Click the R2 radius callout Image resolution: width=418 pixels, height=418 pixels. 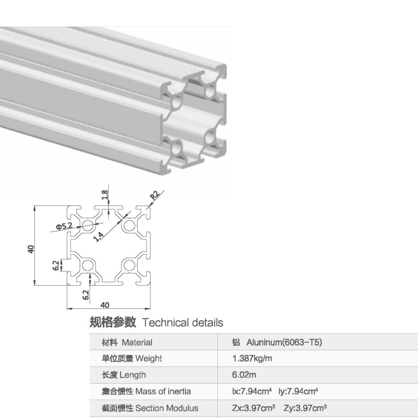[x=154, y=194]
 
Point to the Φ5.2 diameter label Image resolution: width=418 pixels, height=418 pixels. [x=64, y=227]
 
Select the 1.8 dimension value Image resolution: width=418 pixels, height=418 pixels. [x=105, y=195]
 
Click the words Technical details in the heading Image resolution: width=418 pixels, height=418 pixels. [x=182, y=323]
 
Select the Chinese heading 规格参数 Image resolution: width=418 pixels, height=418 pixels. [x=113, y=323]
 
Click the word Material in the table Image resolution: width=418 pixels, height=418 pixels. [x=137, y=343]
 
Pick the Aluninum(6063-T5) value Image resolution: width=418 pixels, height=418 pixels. [x=284, y=343]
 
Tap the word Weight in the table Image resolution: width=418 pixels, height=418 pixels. [x=149, y=358]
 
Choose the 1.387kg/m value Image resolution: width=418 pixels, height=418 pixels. [x=252, y=358]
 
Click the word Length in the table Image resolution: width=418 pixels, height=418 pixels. [x=133, y=375]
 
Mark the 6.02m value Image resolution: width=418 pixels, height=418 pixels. [x=244, y=375]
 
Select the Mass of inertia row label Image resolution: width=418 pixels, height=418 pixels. [x=163, y=391]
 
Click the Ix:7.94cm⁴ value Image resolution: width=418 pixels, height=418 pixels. [x=252, y=391]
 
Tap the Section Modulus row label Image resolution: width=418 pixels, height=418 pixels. [x=167, y=408]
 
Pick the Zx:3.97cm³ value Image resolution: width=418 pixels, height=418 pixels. [x=253, y=408]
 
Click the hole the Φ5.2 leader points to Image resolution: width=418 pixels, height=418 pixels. [x=89, y=226]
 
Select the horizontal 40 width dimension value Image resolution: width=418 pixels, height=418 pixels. [x=105, y=305]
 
